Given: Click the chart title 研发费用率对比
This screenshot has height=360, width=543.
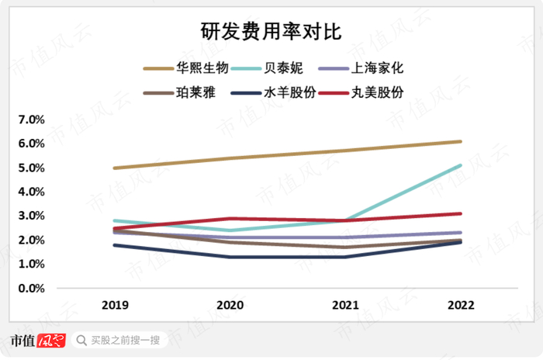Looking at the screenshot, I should click(271, 31).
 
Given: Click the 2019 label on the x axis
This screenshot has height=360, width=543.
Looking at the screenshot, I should click(115, 306).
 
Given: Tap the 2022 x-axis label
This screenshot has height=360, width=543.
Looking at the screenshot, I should click(461, 306).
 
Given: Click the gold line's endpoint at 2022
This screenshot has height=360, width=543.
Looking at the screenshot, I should click(461, 142).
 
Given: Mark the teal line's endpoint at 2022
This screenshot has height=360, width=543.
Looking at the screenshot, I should click(461, 165).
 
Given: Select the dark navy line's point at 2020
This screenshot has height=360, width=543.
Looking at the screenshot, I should click(230, 257).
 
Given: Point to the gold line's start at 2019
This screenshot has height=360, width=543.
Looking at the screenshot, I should click(115, 168).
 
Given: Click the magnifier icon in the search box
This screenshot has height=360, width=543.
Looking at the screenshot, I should click(81, 340).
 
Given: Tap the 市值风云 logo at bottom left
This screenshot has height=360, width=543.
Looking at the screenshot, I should click(37, 340).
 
